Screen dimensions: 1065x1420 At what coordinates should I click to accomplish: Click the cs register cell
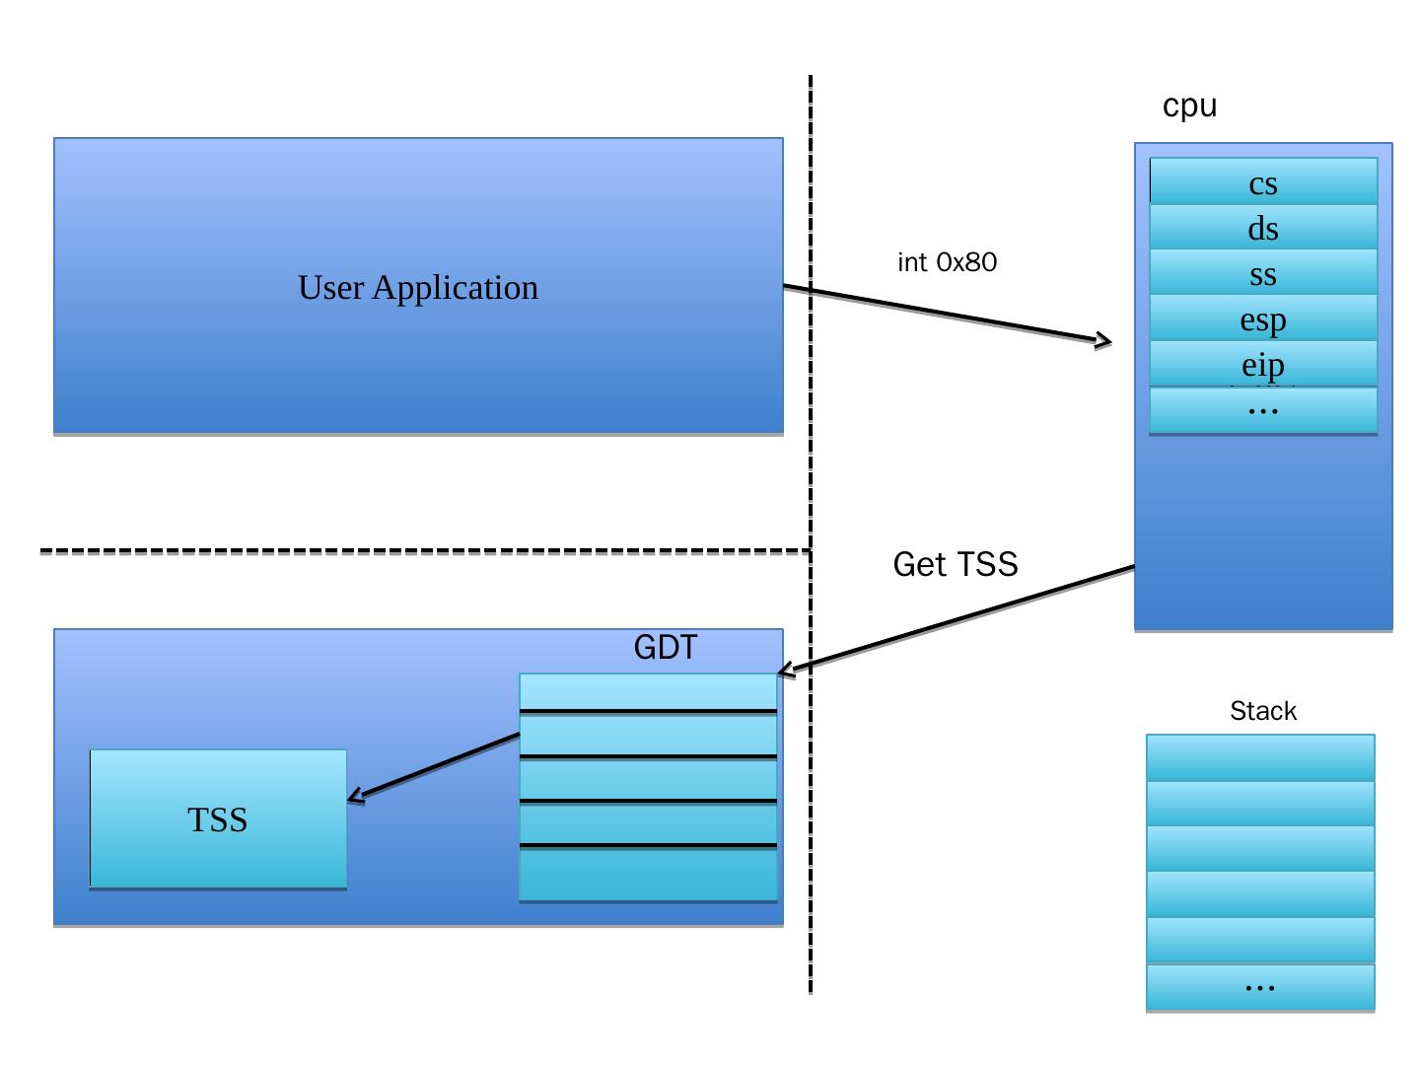pyautogui.click(x=1263, y=182)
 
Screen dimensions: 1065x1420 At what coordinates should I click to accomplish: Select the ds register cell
pyautogui.click(x=1263, y=228)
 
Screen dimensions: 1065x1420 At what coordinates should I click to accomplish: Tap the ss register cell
pyautogui.click(x=1263, y=273)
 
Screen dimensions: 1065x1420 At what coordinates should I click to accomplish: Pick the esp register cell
pyautogui.click(x=1263, y=319)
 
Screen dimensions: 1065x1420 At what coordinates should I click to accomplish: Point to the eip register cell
pyautogui.click(x=1263, y=364)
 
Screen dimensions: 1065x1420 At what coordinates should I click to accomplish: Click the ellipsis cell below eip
pyautogui.click(x=1263, y=409)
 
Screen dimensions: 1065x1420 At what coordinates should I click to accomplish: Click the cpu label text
pyautogui.click(x=1189, y=106)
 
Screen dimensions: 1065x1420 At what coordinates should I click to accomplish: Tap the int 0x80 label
pyautogui.click(x=947, y=262)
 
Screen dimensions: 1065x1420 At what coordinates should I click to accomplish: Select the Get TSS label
pyautogui.click(x=955, y=564)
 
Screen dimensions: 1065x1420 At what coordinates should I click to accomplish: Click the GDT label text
pyautogui.click(x=665, y=648)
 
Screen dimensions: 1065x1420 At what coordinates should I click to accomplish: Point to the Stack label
pyautogui.click(x=1262, y=711)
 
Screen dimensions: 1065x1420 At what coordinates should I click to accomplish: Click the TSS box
pyautogui.click(x=218, y=819)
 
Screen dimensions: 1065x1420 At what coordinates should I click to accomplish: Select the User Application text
pyautogui.click(x=418, y=288)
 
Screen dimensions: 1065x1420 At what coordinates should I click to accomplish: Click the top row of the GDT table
pyautogui.click(x=648, y=691)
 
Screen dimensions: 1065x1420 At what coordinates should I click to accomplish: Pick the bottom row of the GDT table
pyautogui.click(x=648, y=875)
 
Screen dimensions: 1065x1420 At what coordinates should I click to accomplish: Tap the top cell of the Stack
pyautogui.click(x=1260, y=757)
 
